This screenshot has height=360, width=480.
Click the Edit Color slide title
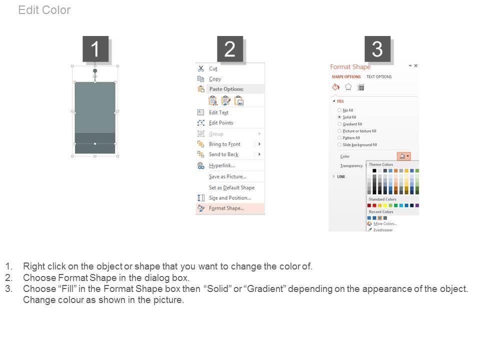[x=44, y=10]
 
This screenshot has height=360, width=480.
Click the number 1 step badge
[x=95, y=48]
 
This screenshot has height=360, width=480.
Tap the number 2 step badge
[x=230, y=48]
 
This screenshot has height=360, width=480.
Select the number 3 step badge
[x=377, y=48]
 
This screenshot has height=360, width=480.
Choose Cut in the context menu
[x=213, y=68]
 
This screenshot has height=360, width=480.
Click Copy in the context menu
[x=215, y=79]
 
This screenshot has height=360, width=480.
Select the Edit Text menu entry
[x=218, y=112]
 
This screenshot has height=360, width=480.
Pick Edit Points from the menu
[x=221, y=123]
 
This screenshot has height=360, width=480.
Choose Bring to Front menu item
[x=224, y=144]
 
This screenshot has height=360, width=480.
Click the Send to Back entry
[x=224, y=154]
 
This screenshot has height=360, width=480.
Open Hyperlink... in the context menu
[x=222, y=165]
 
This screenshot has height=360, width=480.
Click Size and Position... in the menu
[x=230, y=198]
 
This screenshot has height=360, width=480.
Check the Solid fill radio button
[x=339, y=117]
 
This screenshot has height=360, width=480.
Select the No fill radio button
[x=339, y=110]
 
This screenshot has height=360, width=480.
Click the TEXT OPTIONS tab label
[x=379, y=77]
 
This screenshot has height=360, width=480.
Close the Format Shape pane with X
[x=415, y=65]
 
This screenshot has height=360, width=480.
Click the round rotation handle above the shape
[x=95, y=71]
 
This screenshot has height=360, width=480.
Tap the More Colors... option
[x=385, y=224]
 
